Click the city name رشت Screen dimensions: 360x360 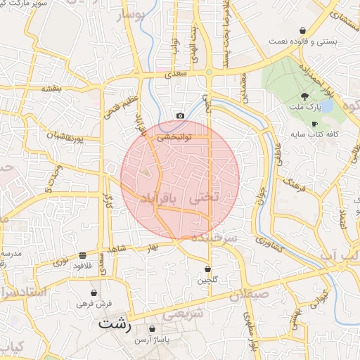[114, 325]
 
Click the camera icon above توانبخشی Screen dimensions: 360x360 [180, 115]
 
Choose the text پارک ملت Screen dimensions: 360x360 [304, 107]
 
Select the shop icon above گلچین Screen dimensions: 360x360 [207, 269]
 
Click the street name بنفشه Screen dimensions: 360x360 [51, 89]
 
